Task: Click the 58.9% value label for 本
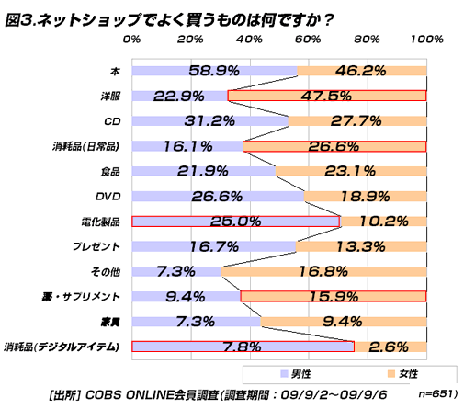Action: pyautogui.click(x=214, y=70)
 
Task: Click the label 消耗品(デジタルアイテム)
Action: pyautogui.click(x=62, y=347)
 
